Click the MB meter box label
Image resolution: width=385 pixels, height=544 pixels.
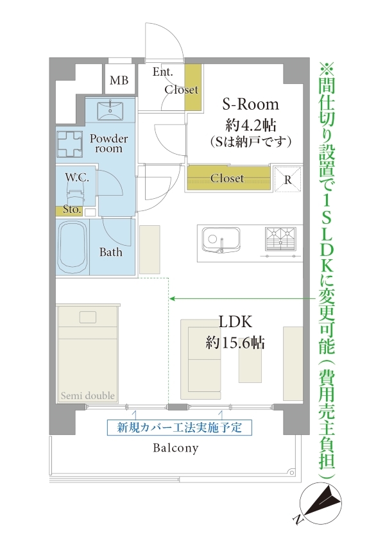pos(119,80)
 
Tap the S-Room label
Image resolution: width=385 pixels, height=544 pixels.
pos(250,104)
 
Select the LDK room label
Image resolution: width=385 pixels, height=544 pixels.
pos(235,321)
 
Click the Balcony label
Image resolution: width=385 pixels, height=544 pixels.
pos(176,448)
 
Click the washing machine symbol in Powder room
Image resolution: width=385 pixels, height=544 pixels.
pos(70,144)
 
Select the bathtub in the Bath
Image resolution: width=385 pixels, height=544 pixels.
pos(73,248)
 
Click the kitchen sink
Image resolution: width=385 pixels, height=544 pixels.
pos(221,240)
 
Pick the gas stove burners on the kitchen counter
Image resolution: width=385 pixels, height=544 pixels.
pos(280,239)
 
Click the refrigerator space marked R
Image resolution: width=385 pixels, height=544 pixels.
pos(287,179)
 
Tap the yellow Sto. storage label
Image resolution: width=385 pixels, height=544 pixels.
pos(72,210)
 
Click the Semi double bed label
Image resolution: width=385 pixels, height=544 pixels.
pos(87,396)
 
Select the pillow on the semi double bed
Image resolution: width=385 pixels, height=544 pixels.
pos(87,317)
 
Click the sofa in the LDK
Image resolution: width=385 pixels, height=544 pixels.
pos(201,359)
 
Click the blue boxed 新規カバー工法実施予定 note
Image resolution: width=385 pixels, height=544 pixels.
pos(179,427)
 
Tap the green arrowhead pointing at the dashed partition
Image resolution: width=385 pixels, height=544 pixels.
pos(171,298)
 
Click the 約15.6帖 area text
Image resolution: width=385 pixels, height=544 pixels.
pos(235,343)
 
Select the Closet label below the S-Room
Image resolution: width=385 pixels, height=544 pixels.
pos(227,178)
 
